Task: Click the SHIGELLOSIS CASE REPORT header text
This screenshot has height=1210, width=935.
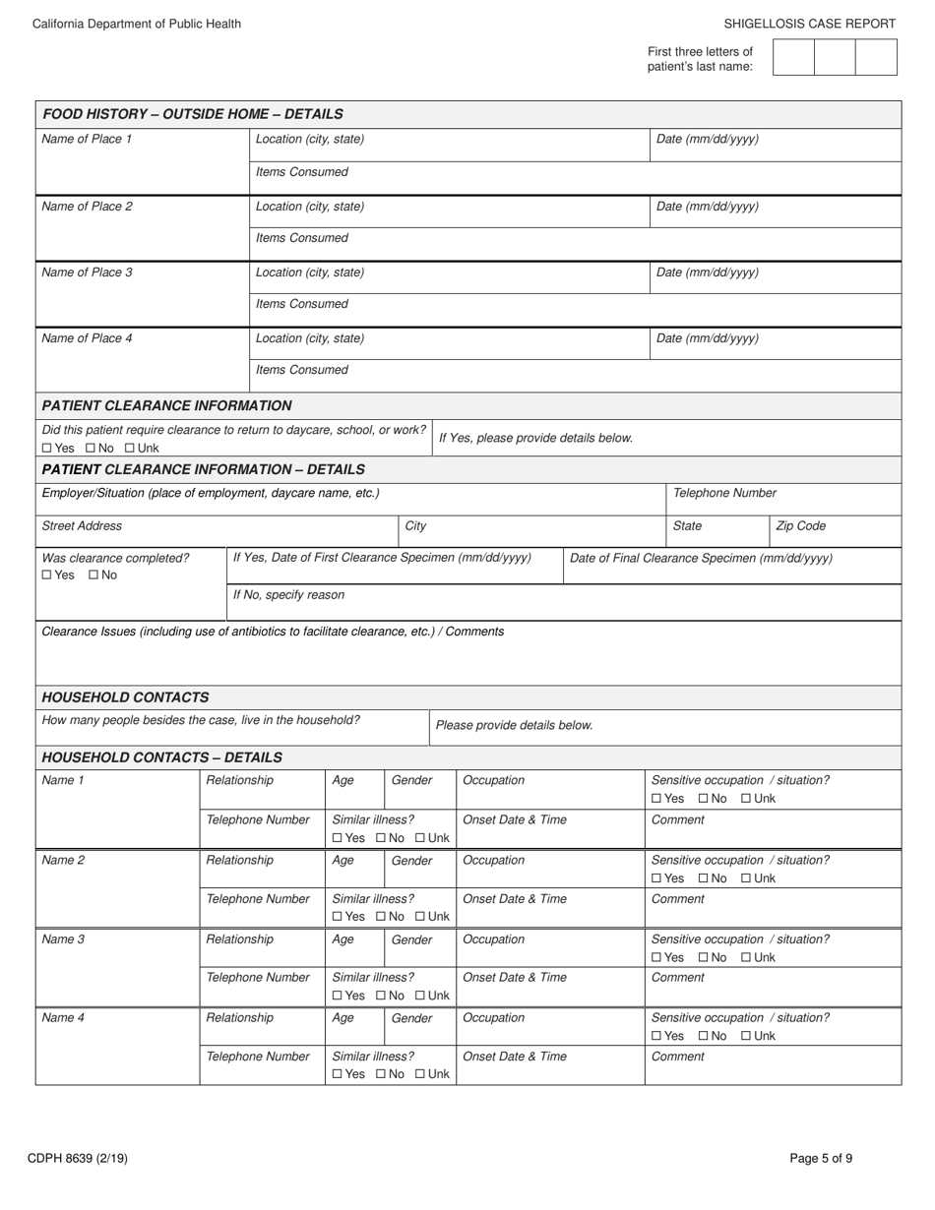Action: (x=810, y=24)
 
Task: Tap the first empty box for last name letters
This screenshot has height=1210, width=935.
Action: (x=793, y=57)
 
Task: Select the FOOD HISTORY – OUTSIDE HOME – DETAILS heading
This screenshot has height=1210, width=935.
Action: (x=193, y=114)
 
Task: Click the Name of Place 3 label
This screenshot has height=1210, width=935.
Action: (x=87, y=272)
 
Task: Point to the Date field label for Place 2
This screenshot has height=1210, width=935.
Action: (x=707, y=207)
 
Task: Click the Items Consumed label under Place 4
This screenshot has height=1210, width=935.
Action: (x=301, y=370)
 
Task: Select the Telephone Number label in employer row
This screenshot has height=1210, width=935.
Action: (x=724, y=493)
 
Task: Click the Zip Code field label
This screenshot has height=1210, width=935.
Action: (x=800, y=526)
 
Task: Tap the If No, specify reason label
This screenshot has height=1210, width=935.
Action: (x=288, y=595)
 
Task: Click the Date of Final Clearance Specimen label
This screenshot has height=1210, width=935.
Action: (x=701, y=558)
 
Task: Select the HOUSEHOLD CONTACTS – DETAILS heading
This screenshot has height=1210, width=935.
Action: (x=162, y=757)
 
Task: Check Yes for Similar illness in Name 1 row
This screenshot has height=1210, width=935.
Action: (x=339, y=838)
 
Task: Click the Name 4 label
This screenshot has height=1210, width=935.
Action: (x=63, y=1018)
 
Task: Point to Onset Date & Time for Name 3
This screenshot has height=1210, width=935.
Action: (x=514, y=978)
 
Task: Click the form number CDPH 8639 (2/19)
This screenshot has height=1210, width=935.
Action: (x=80, y=1159)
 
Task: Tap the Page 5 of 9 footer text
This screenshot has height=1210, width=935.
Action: (x=821, y=1159)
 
